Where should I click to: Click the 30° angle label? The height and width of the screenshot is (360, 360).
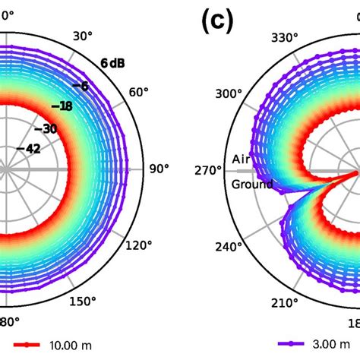coord(82,36)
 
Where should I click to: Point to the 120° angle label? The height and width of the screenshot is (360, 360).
coord(137,245)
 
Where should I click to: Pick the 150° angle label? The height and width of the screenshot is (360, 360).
coord(83,302)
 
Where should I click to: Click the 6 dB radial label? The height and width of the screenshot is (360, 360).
coord(113,63)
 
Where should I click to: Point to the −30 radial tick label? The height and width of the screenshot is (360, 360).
coord(49,128)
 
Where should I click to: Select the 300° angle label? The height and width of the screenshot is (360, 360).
coord(229,93)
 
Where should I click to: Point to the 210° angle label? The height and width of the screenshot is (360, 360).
coord(284,304)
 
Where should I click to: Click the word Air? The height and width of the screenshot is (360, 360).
coord(241,160)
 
